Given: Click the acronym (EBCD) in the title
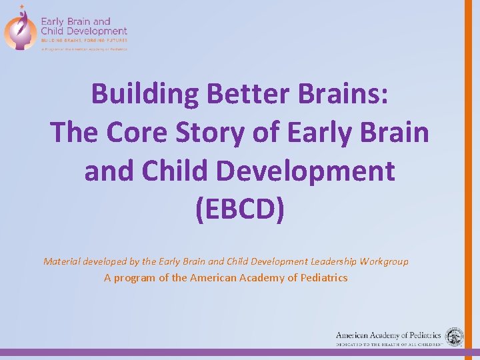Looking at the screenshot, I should pos(239,209).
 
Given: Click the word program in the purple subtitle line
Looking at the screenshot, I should pos(135,277).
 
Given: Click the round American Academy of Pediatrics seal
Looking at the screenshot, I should pos(455,337).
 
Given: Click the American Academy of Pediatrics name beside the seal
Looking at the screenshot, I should pos(388,335).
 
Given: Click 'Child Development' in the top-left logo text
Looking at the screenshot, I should pos(83,31).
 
